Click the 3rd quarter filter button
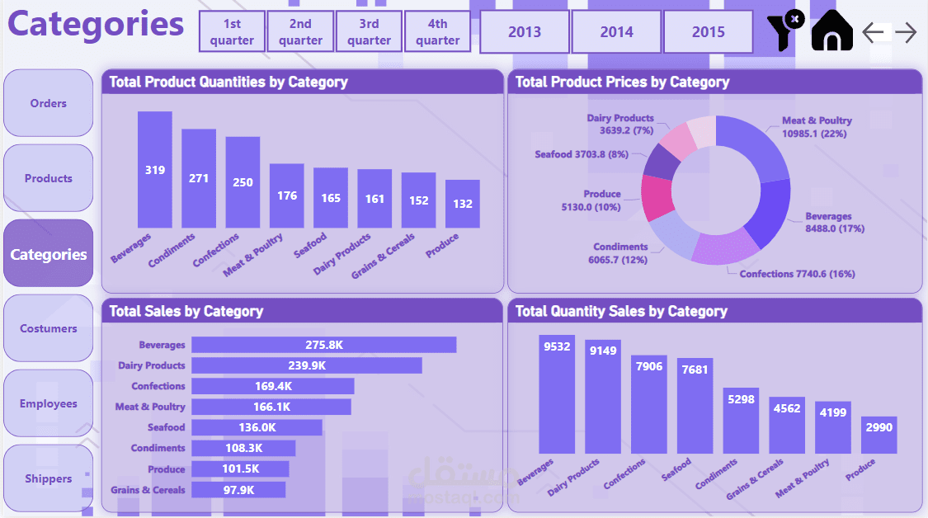[x=369, y=32]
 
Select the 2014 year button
[x=616, y=32]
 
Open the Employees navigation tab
[x=49, y=403]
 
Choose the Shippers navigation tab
[x=49, y=478]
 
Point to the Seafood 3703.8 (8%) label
[x=582, y=154]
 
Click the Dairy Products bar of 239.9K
[x=306, y=365]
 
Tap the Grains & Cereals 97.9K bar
[x=238, y=490]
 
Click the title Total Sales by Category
[x=186, y=311]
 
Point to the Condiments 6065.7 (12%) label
[x=620, y=252]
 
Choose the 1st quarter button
[x=232, y=32]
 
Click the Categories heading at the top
[x=96, y=25]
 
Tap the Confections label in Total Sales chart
[x=158, y=386]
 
